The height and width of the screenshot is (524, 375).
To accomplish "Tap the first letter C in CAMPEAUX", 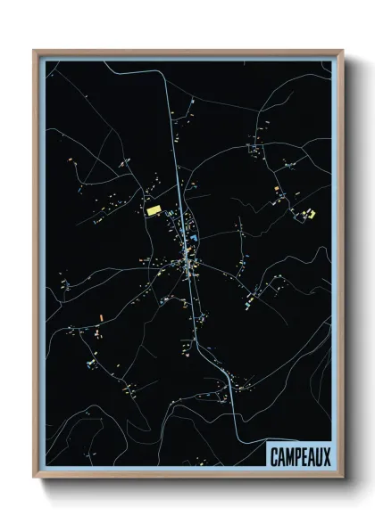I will tap(274, 456).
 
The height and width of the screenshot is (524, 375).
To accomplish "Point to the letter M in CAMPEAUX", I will tap(289, 456).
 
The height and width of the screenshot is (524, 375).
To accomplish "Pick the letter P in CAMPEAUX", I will tap(297, 456).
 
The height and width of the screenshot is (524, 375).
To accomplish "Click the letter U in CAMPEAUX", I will tap(319, 456).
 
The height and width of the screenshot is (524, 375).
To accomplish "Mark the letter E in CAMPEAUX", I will tap(304, 456).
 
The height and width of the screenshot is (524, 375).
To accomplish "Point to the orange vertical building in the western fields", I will tap(101, 315).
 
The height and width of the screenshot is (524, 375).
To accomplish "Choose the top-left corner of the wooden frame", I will tap(35, 51).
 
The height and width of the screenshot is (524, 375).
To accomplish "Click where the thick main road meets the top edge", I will tap(167, 59).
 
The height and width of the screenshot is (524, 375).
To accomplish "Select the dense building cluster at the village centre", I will tap(187, 261).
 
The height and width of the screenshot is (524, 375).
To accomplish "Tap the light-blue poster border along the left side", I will tap(40, 267).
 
